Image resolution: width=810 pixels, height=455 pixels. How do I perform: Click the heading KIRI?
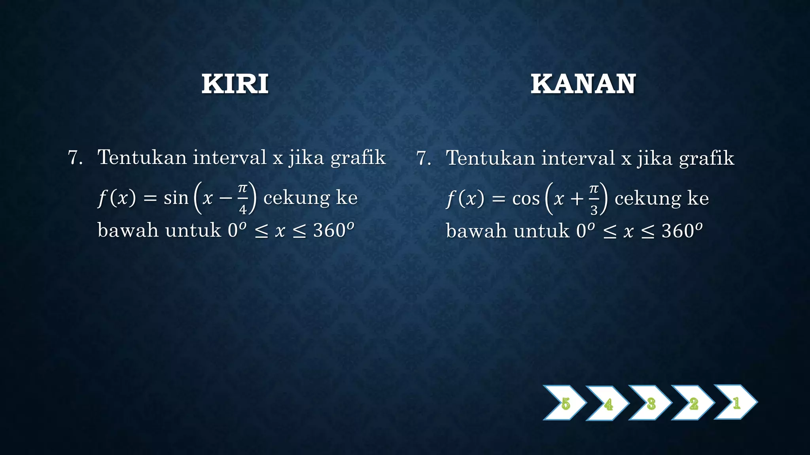(235, 84)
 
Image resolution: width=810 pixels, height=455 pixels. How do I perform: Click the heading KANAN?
(583, 84)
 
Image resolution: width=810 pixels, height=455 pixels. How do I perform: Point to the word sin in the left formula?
(176, 197)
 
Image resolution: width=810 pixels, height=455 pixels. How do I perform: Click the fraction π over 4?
(242, 198)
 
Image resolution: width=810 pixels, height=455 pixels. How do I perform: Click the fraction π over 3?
(594, 199)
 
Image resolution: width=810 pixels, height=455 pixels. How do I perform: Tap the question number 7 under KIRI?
(75, 158)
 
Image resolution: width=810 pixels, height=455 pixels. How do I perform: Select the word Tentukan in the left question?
(142, 157)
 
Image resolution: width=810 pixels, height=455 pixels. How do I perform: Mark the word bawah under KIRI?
(128, 230)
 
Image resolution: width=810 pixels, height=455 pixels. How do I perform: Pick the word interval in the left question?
(229, 157)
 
